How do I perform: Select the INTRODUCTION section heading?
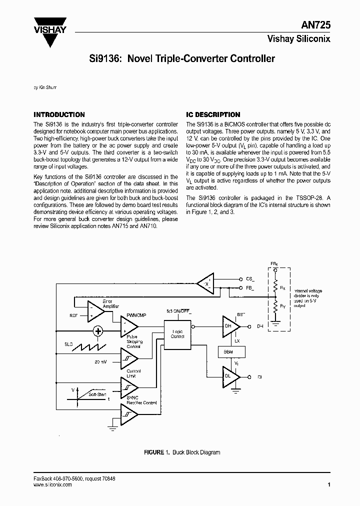coord(59,114)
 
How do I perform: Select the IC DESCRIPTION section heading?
coord(213,114)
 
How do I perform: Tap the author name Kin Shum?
coord(45,87)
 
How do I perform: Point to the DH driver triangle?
coord(229,326)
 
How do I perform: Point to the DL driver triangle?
coord(229,376)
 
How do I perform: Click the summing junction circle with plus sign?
coord(98,331)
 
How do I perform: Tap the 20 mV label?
coord(100,361)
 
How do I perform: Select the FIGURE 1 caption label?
coord(153,452)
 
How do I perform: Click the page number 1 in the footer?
coord(329,484)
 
